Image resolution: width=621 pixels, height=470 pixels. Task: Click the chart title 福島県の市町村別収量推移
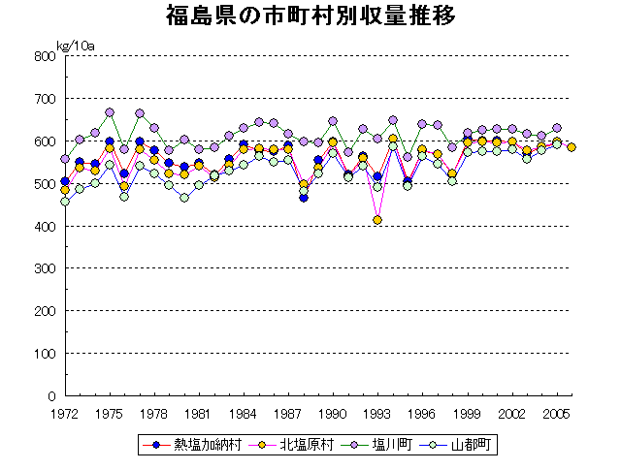(x=310, y=16)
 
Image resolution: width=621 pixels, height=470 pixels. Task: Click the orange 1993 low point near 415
(x=377, y=220)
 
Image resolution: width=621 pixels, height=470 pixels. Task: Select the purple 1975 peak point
(x=110, y=112)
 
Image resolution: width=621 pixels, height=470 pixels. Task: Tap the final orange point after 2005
(x=572, y=147)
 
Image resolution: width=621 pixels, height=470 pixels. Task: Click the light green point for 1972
(x=65, y=202)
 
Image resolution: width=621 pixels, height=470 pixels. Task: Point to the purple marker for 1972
(x=65, y=158)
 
